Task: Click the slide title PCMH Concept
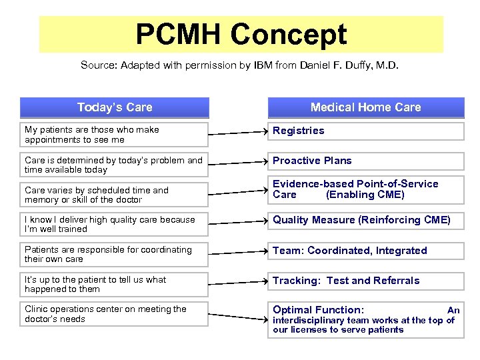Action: coord(241,35)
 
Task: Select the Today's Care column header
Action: coord(115,107)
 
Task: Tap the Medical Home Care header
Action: coord(365,107)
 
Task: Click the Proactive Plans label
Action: coord(312,161)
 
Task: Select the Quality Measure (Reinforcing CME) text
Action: coord(361,220)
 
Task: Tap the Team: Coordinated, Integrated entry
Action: coord(349,251)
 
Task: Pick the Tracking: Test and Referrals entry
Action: coord(346,281)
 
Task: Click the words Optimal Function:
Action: coord(318,310)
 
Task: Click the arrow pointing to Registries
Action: coord(237,133)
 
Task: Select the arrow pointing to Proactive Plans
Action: coord(237,162)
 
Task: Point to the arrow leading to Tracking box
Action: coord(237,282)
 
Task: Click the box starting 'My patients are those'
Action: coord(114,135)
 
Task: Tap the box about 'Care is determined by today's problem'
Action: coord(114,165)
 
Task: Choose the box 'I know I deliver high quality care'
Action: coord(114,224)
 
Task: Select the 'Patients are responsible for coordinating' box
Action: coord(114,254)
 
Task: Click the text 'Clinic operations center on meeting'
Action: coord(105,309)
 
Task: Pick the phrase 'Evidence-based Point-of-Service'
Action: coord(355,184)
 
